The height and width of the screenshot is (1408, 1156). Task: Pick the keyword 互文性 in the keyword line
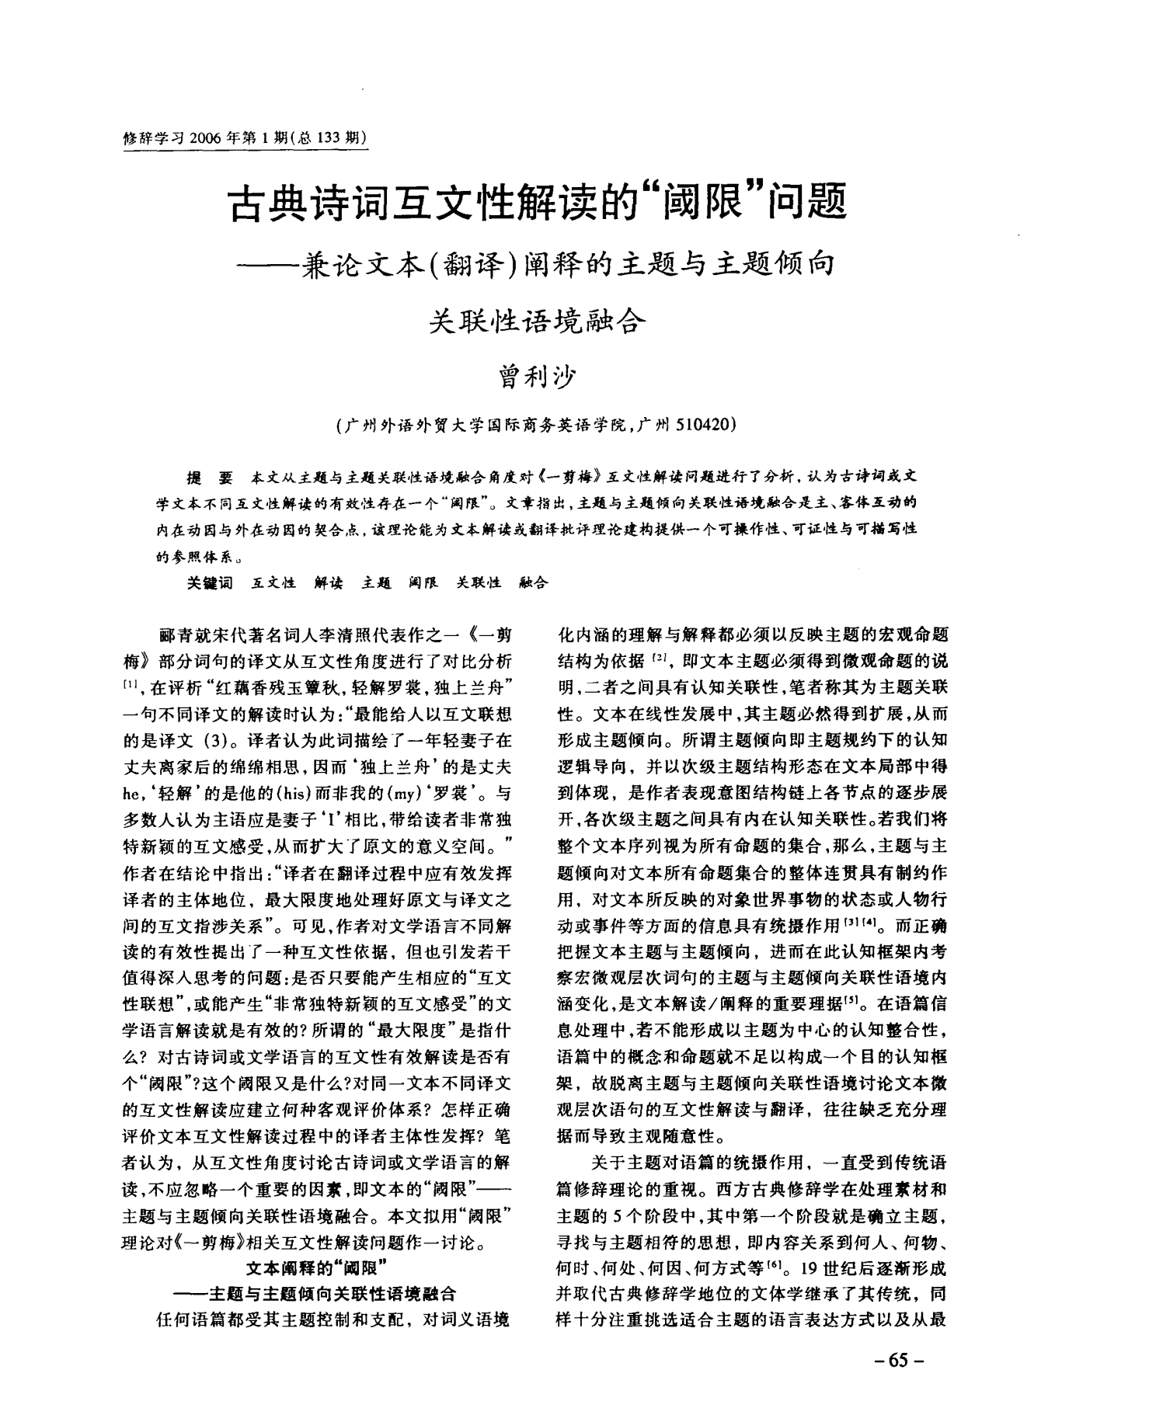(273, 582)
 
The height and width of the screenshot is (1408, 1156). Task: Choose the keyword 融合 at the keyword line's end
(533, 582)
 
